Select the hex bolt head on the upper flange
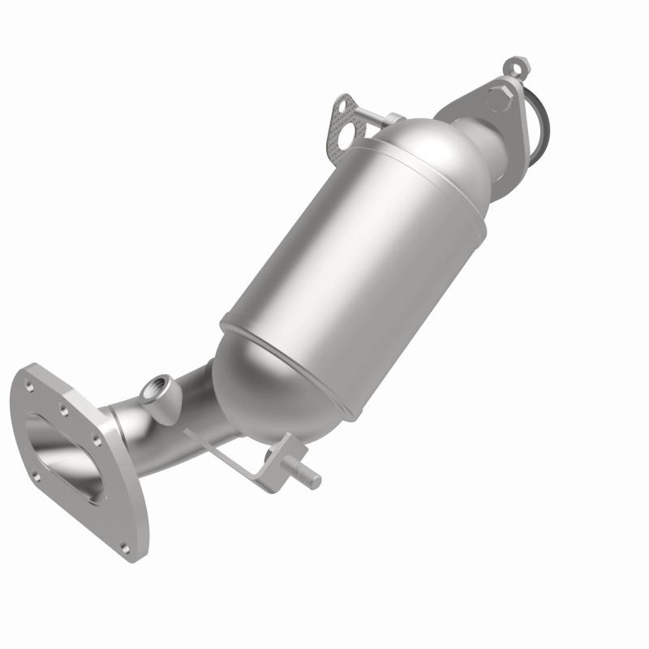(x=499, y=98)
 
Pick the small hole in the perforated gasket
(x=343, y=104)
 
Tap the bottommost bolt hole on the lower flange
(x=129, y=546)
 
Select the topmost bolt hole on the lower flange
(x=30, y=375)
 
